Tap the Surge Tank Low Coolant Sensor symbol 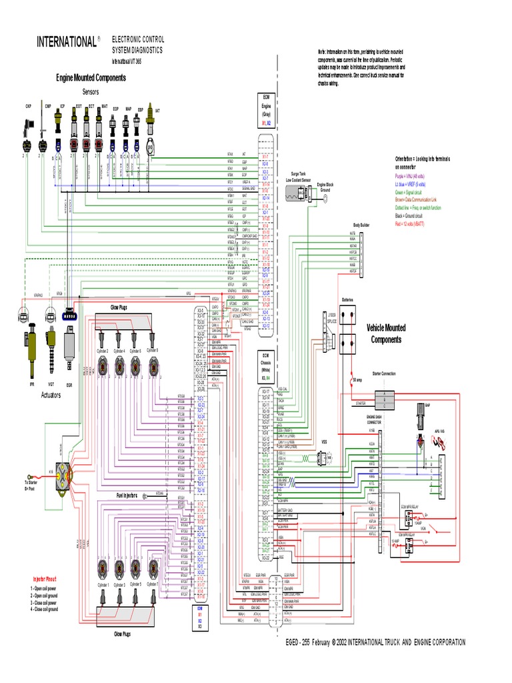[x=297, y=193]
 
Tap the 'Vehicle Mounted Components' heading [x=386, y=333]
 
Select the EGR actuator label [x=69, y=384]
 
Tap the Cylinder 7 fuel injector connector [x=153, y=569]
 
